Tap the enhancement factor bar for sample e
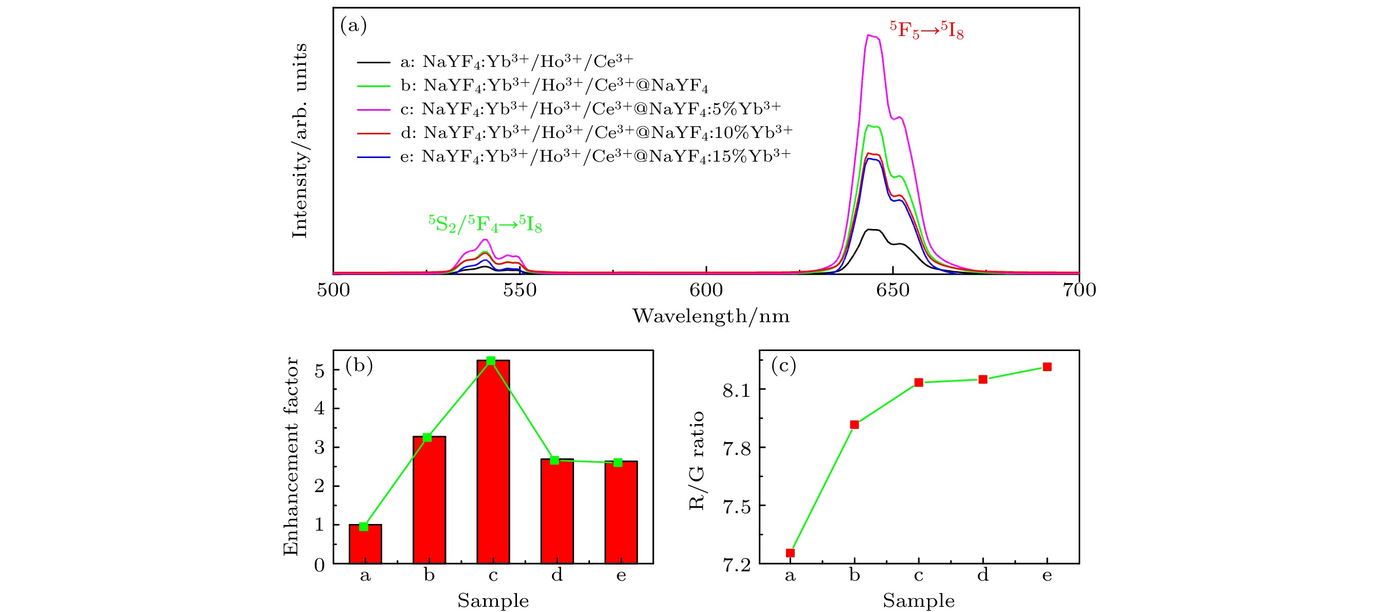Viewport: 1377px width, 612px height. coord(621,512)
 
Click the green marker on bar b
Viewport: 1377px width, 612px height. coord(427,438)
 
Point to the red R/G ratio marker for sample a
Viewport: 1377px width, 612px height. coord(790,553)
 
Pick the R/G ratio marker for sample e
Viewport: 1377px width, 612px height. coord(1047,367)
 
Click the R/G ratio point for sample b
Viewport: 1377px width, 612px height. coord(854,425)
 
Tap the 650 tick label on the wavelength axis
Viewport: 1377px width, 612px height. coord(892,290)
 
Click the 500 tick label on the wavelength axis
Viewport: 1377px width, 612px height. coord(333,290)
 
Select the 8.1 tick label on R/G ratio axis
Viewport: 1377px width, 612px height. coord(737,391)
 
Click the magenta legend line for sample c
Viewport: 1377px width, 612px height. coord(373,109)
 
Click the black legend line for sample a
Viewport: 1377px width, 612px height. coord(373,62)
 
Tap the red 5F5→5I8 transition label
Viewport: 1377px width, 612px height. coord(926,30)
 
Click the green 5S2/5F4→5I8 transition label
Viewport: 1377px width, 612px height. coord(485,224)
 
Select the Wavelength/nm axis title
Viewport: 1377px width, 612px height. coord(711,316)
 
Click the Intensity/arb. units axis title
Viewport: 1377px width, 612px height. coord(300,141)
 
